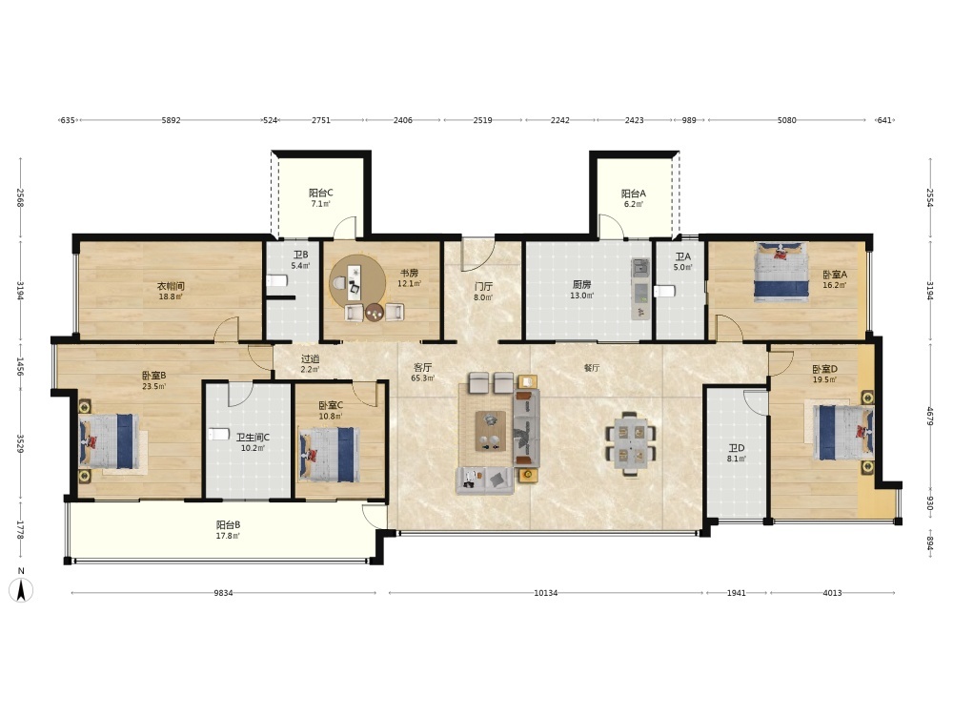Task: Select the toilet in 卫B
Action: [276, 281]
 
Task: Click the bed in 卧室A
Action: [781, 272]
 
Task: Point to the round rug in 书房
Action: [357, 282]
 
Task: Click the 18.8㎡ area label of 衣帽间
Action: [171, 296]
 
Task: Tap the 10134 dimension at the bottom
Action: [546, 593]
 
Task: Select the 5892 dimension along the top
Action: [171, 120]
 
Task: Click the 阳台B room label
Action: [228, 524]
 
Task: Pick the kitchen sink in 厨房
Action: [640, 266]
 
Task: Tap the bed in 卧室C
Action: [328, 455]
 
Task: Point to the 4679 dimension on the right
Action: [929, 416]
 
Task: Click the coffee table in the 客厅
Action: [491, 431]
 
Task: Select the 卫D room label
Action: [736, 449]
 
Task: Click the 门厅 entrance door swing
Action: [477, 255]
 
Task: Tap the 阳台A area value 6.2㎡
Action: [634, 204]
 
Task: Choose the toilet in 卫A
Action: [664, 291]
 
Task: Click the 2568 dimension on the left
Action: [20, 198]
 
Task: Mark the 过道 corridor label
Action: [310, 359]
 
